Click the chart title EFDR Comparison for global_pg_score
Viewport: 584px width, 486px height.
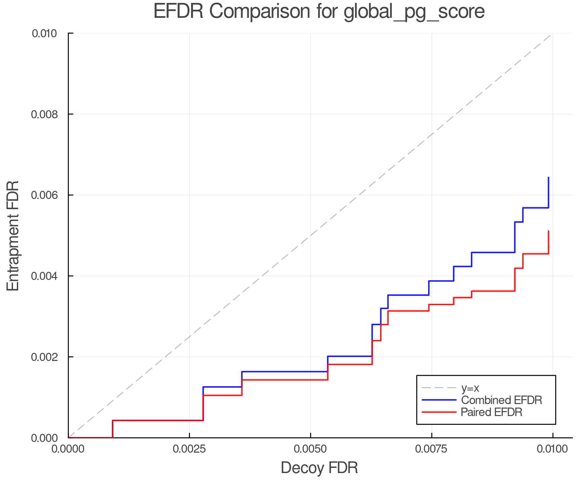tap(319, 11)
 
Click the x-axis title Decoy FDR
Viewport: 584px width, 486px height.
tap(319, 468)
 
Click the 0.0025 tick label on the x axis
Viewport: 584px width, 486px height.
tap(189, 449)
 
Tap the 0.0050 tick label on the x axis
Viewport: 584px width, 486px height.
tap(310, 449)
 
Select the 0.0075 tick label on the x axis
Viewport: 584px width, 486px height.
tap(432, 449)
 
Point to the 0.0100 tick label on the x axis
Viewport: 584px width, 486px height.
tap(553, 449)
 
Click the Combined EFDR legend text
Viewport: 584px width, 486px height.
tap(501, 400)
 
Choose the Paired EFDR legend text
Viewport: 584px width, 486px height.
tap(492, 412)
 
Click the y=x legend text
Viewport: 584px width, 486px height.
tap(470, 388)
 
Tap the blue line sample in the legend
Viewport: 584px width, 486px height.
tap(439, 400)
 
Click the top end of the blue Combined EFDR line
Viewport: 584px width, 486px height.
tap(548, 178)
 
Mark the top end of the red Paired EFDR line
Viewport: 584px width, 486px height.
tap(548, 231)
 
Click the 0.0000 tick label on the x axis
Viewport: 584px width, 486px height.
tap(68, 449)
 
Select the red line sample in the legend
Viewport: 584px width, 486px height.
tap(439, 412)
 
